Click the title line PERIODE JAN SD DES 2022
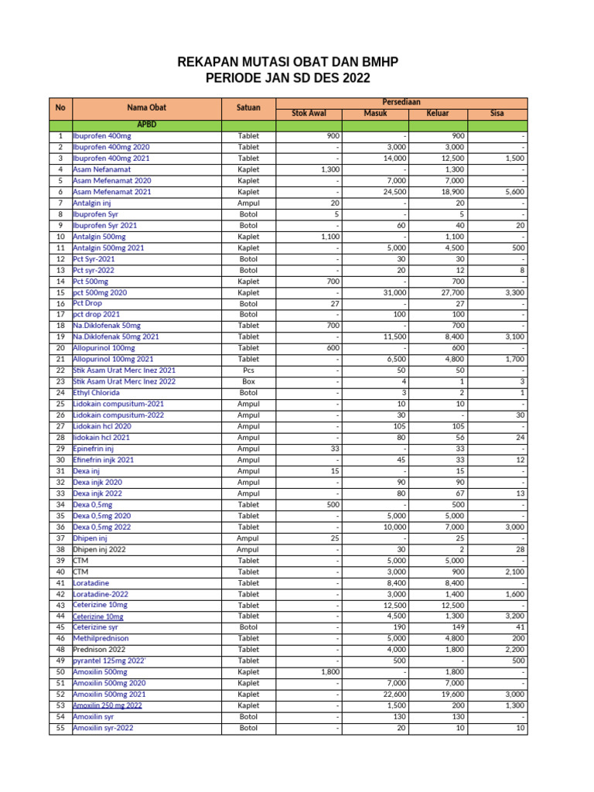tap(287, 78)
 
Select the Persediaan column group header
tap(401, 102)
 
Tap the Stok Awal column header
tap(308, 113)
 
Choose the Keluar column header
tap(438, 113)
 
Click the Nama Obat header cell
tap(147, 108)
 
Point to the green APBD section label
tap(147, 124)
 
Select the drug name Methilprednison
tap(101, 639)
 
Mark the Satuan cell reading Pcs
tap(248, 370)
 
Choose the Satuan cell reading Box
tap(248, 382)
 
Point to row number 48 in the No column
tap(60, 650)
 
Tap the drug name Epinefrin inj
tap(94, 449)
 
